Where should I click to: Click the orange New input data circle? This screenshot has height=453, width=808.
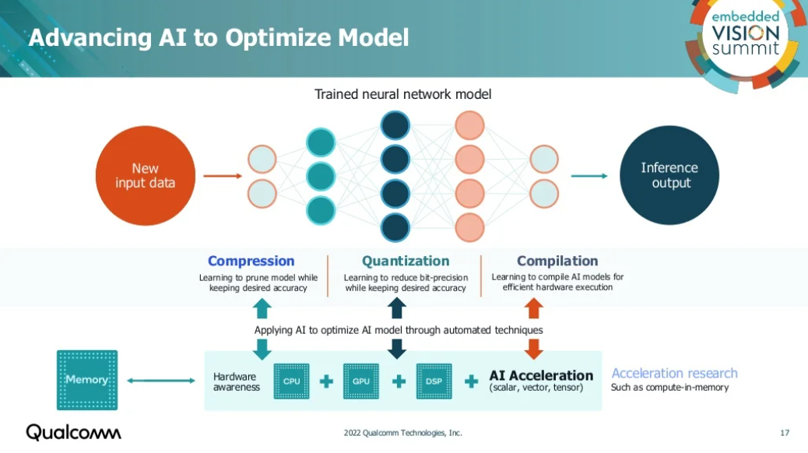pos(145,176)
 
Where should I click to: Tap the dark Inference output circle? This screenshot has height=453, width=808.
pos(669,176)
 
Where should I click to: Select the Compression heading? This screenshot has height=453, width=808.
pos(251,262)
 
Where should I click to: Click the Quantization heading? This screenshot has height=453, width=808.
pos(406,262)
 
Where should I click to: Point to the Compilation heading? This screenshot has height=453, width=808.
pos(557,262)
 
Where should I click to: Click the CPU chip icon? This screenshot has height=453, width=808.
pos(291,381)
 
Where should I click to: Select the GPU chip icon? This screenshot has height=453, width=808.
pos(361,381)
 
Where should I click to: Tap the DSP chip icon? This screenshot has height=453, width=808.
pos(434,381)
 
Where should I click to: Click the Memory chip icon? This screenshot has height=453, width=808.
pos(86,380)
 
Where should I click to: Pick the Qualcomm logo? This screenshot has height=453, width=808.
pos(74,432)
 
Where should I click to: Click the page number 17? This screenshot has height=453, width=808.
pos(785,433)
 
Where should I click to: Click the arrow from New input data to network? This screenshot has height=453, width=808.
pos(223,176)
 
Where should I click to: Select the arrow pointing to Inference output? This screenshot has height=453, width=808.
pos(589,176)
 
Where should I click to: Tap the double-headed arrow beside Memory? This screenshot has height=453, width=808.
pos(160,381)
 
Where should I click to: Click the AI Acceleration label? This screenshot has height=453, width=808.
pos(540,376)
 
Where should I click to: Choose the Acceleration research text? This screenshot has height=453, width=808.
pos(674,374)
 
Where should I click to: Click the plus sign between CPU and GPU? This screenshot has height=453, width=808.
pos(326,381)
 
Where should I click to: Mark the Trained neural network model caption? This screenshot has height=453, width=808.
pos(402,94)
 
